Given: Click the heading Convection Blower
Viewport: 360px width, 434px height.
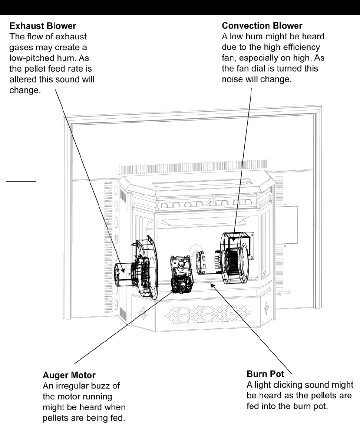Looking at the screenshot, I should [x=262, y=27].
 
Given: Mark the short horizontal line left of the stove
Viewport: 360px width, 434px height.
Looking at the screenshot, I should [x=22, y=182].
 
